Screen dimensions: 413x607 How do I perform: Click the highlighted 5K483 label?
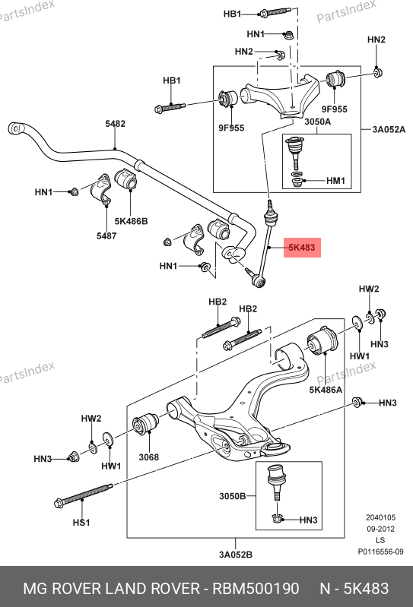(302, 248)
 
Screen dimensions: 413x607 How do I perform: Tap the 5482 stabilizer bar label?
(115, 124)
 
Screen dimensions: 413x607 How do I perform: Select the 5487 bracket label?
(106, 236)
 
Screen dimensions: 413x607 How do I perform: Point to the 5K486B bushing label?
(131, 221)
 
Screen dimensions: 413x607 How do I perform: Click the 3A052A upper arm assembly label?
(389, 129)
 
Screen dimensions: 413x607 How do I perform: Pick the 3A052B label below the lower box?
(236, 555)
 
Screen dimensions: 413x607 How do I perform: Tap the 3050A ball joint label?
(317, 122)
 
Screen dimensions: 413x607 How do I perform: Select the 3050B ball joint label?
(232, 496)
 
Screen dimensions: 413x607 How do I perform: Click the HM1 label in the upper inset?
(335, 181)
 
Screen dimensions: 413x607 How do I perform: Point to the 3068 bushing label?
(149, 457)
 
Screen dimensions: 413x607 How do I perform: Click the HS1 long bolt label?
(81, 523)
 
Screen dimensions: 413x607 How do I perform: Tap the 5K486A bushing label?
(326, 390)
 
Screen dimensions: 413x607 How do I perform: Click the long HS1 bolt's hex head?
(59, 504)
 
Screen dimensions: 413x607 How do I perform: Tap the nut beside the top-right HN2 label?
(378, 72)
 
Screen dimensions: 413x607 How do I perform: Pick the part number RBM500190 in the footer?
(256, 589)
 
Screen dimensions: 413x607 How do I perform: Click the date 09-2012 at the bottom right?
(381, 529)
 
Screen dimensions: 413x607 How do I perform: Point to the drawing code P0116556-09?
(380, 552)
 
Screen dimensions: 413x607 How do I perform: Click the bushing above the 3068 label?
(146, 423)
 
